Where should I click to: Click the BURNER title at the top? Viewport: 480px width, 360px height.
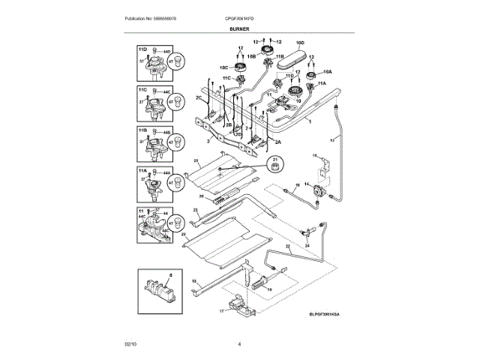point(239,29)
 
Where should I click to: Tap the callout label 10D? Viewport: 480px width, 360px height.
point(300,43)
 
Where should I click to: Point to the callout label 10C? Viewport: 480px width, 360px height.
point(223,67)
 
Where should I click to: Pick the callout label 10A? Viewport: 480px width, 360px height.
point(327,72)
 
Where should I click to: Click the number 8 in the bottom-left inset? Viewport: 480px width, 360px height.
point(148,277)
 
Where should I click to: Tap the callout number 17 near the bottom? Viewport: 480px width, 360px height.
point(222,310)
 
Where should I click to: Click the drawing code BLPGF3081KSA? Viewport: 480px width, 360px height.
point(329,315)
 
